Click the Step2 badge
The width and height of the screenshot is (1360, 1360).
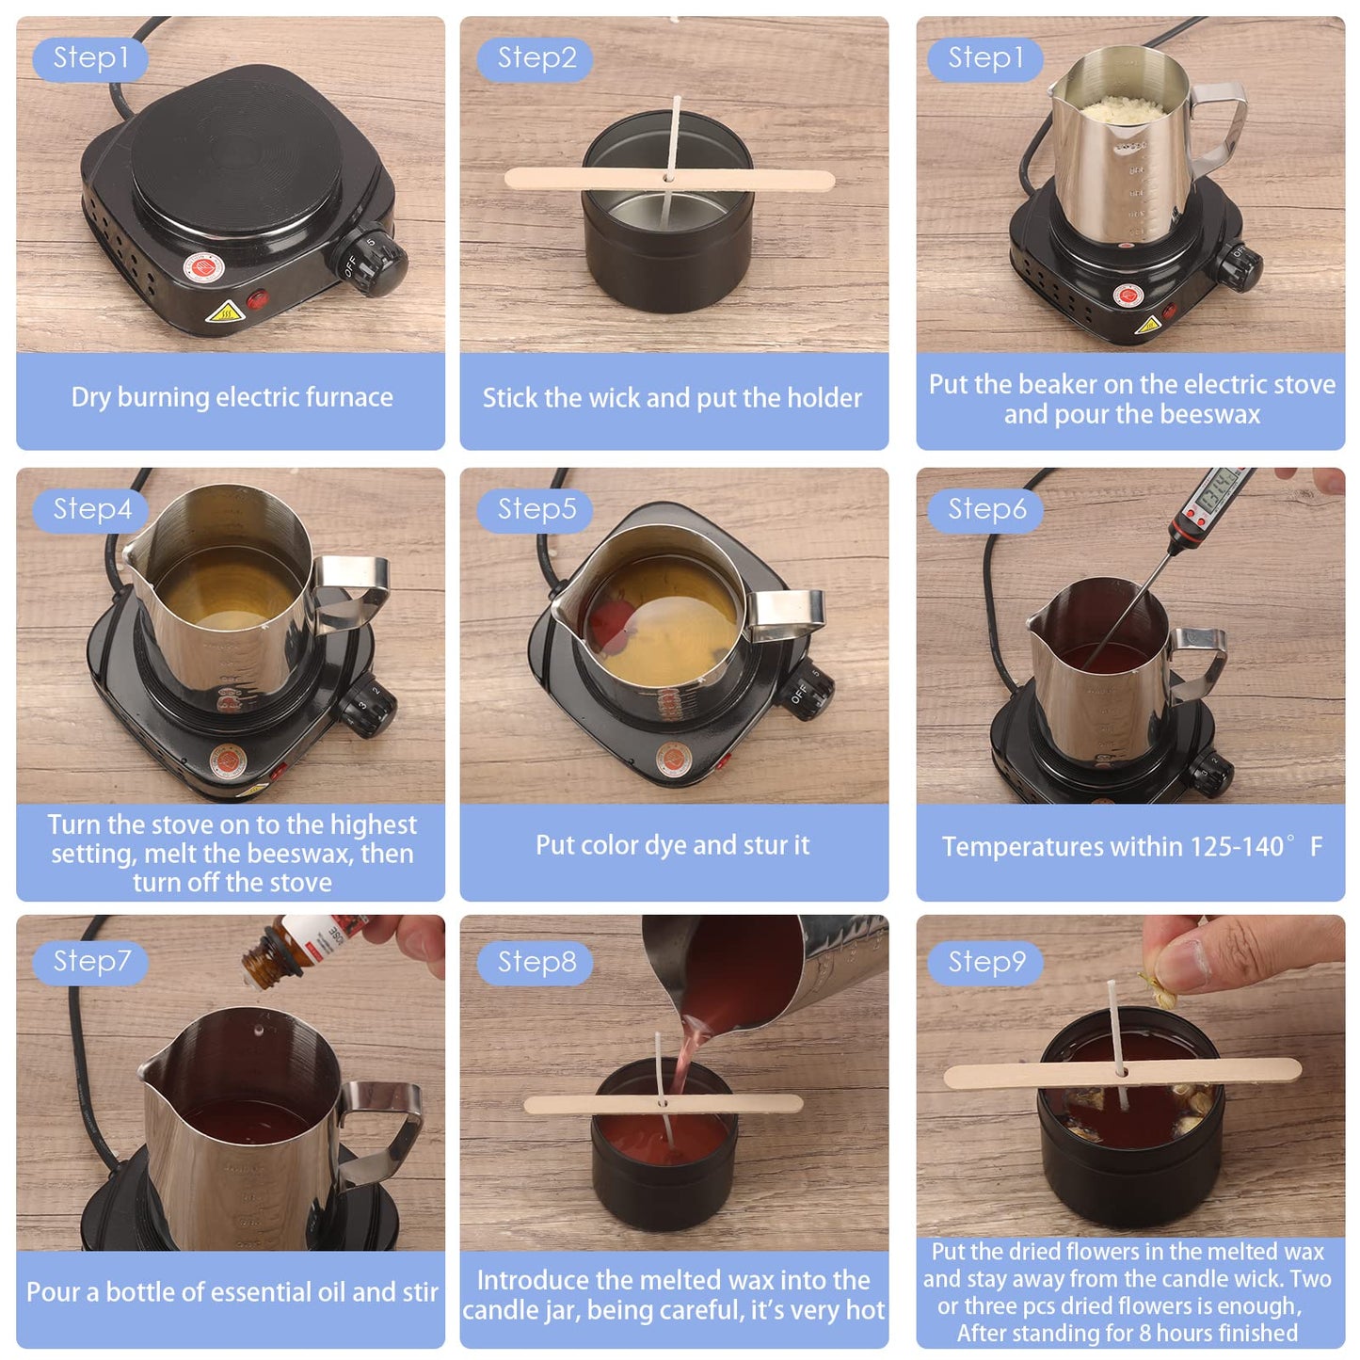click(x=536, y=58)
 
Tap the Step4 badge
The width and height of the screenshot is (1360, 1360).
click(x=91, y=509)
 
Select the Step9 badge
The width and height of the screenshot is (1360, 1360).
click(x=985, y=962)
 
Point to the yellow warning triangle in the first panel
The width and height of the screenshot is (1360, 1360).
click(x=225, y=313)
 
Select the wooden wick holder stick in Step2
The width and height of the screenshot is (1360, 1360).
click(x=669, y=179)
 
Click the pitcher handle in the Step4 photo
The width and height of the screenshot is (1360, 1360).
click(x=355, y=589)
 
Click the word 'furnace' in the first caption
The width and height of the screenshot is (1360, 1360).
click(x=347, y=397)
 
